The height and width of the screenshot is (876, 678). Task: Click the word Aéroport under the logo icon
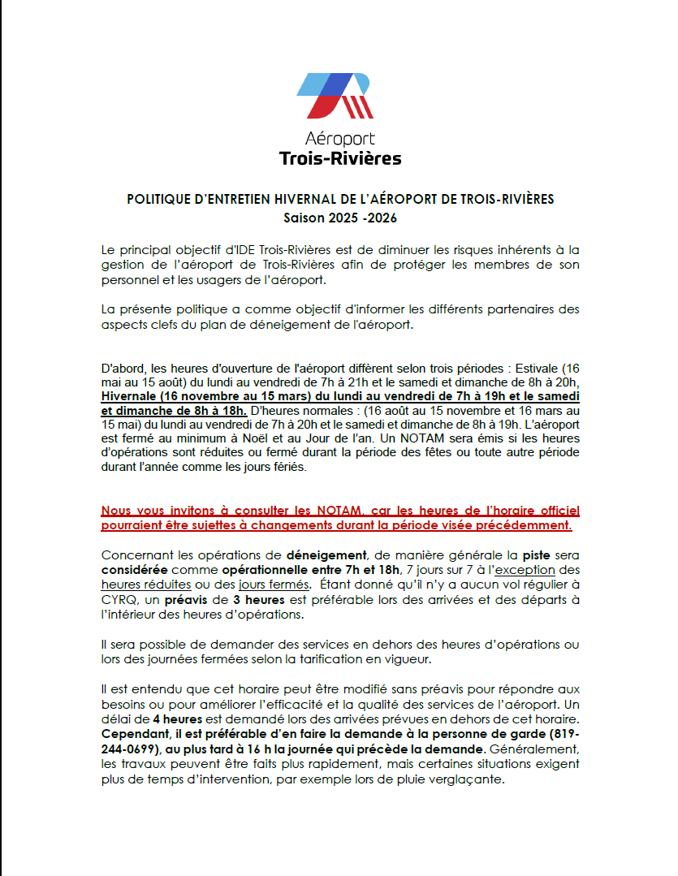click(339, 140)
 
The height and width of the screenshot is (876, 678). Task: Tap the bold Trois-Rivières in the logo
click(339, 158)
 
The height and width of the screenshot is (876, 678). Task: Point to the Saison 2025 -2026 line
click(339, 218)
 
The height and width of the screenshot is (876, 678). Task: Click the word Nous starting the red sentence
click(116, 511)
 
